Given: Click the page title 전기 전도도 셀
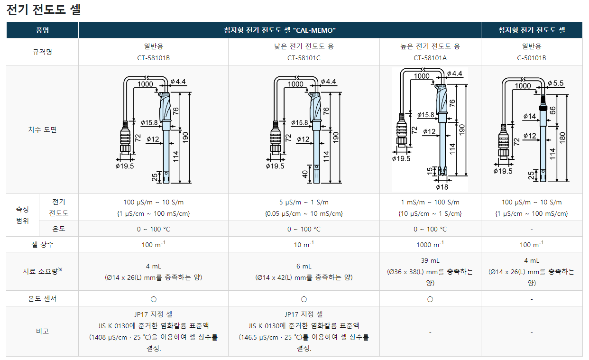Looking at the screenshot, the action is pos(43,9).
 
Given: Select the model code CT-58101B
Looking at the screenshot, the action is pos(154,58).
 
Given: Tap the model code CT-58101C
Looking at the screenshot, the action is pos(304,58).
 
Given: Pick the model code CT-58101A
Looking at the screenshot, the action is pos(430,58).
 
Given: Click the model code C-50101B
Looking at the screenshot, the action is pos(532,58).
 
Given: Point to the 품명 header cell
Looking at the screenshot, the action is pos(42,30).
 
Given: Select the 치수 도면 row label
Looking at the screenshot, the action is pos(42,129).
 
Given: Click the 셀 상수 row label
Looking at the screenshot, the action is pos(42,245).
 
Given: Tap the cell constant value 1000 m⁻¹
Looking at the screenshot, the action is pos(430,244).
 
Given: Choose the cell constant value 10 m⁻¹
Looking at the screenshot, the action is pos(304,244).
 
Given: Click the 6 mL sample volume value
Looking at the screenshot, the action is pos(304,266).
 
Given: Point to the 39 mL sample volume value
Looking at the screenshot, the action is pos(430,260).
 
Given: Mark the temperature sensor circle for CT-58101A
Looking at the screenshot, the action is pos(430,299).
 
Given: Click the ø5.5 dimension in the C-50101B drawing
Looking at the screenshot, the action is pos(556,83).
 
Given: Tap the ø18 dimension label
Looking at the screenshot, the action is pos(442,187).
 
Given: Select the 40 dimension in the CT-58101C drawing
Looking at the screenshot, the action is pos(305,174).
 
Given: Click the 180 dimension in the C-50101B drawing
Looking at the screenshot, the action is pos(562,138).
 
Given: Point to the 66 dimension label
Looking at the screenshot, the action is pos(552,111).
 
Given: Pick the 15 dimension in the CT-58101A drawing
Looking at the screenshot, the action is pos(430,171).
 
